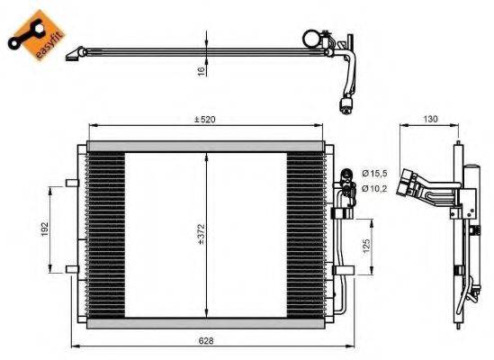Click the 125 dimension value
[364, 245]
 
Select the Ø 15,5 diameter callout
[374, 172]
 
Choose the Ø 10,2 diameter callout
[374, 188]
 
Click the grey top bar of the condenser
[205, 146]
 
